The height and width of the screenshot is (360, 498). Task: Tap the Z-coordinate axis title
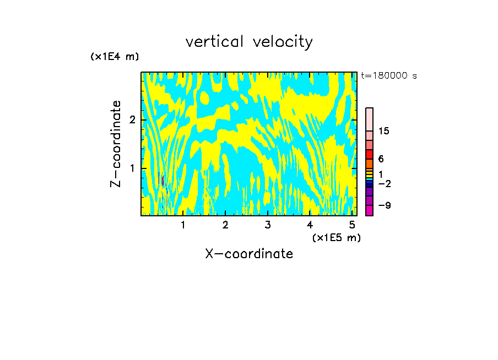pyautogui.click(x=116, y=144)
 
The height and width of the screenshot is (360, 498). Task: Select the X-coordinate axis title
pyautogui.click(x=249, y=254)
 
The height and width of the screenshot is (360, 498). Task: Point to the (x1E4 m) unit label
pyautogui.click(x=115, y=57)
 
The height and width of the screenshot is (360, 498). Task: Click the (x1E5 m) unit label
pyautogui.click(x=336, y=237)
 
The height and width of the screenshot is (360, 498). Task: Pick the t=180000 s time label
pyautogui.click(x=388, y=76)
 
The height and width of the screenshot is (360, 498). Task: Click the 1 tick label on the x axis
pyautogui.click(x=183, y=225)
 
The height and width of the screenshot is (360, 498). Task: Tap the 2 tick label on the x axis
pyautogui.click(x=225, y=225)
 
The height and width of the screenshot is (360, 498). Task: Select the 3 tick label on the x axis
pyautogui.click(x=268, y=225)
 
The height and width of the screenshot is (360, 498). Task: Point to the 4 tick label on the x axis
pyautogui.click(x=310, y=225)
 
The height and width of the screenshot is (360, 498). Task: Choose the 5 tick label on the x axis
pyautogui.click(x=351, y=225)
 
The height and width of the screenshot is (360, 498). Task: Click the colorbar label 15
pyautogui.click(x=384, y=131)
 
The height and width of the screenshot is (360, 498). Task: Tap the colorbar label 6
pyautogui.click(x=381, y=159)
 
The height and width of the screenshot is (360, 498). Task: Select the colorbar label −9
pyautogui.click(x=385, y=205)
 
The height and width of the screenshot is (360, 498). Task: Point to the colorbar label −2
pyautogui.click(x=385, y=183)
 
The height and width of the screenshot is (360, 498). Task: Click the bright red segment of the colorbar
pyautogui.click(x=370, y=154)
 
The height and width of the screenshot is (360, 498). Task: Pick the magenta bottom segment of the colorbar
pyautogui.click(x=370, y=210)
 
